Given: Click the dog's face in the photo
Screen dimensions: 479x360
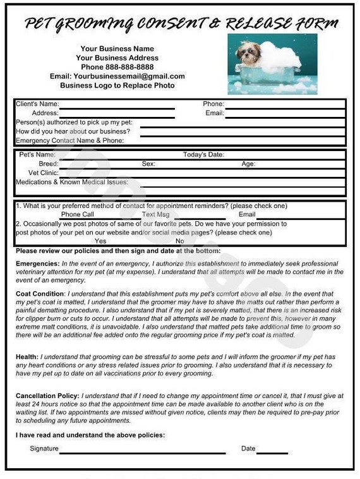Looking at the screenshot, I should pyautogui.click(x=249, y=52).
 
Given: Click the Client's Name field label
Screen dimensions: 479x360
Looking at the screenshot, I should pyautogui.click(x=37, y=104).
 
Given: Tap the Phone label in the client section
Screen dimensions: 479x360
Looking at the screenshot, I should pyautogui.click(x=213, y=104).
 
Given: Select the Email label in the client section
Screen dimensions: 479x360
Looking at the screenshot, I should pyautogui.click(x=215, y=113).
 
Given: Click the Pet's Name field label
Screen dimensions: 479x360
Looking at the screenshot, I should pyautogui.click(x=37, y=154).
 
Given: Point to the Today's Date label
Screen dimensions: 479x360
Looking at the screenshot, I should pyautogui.click(x=203, y=154).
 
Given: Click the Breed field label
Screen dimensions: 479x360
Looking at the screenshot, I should pyautogui.click(x=48, y=164).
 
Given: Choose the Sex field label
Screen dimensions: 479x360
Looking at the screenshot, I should pyautogui.click(x=148, y=164).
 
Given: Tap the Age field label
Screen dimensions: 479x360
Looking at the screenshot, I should pyautogui.click(x=248, y=164).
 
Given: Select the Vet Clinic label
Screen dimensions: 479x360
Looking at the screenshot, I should pyautogui.click(x=44, y=173).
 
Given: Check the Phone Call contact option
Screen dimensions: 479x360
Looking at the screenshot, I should pyautogui.click(x=78, y=214).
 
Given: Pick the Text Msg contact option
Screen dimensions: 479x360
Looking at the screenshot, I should pyautogui.click(x=156, y=214).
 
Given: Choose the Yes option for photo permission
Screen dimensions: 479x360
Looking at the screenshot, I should pyautogui.click(x=100, y=241).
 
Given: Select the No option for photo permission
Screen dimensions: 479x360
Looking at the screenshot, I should pyautogui.click(x=180, y=241).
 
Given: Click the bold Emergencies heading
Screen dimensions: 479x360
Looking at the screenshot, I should pyautogui.click(x=37, y=264).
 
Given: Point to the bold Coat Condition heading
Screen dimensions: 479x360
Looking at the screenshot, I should pyautogui.click(x=40, y=294).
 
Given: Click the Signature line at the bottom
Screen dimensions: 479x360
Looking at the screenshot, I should pyautogui.click(x=142, y=450).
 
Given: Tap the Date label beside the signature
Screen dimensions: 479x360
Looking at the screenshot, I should pyautogui.click(x=248, y=449).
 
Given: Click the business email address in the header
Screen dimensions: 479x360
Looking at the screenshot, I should pyautogui.click(x=117, y=76).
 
